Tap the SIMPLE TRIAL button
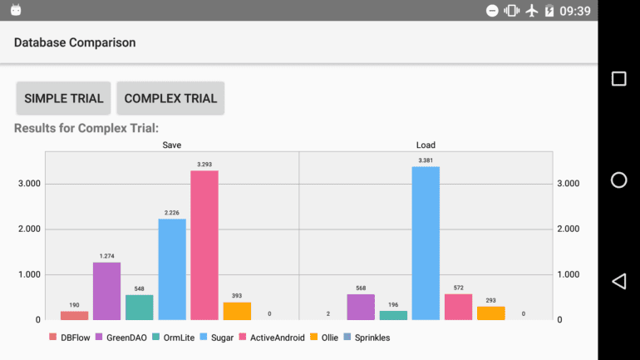pos(64,98)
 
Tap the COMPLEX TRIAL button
pos(170,98)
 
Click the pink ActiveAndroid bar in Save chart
pos(204,245)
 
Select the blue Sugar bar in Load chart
pos(426,243)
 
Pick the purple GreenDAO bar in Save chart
pos(106,291)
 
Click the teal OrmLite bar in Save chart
pos(139,307)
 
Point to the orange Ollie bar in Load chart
pos(490,313)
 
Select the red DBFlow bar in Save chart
pos(74,315)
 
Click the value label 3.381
pos(426,160)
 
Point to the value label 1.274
pos(106,255)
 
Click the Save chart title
pos(172,145)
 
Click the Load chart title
pos(426,145)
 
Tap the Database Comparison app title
pos(75,42)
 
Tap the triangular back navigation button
pos(618,281)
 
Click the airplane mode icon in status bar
pos(532,11)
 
